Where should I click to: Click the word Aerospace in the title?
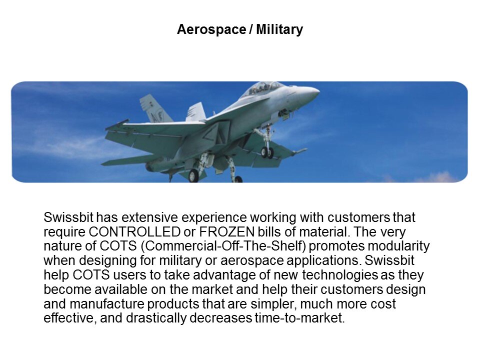211,30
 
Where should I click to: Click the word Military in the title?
279,30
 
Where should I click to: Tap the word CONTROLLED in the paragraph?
134,231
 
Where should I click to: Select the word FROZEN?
227,231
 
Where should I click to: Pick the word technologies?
340,275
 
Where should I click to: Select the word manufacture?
107,303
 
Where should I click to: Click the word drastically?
156,318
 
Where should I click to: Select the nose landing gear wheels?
267,152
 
